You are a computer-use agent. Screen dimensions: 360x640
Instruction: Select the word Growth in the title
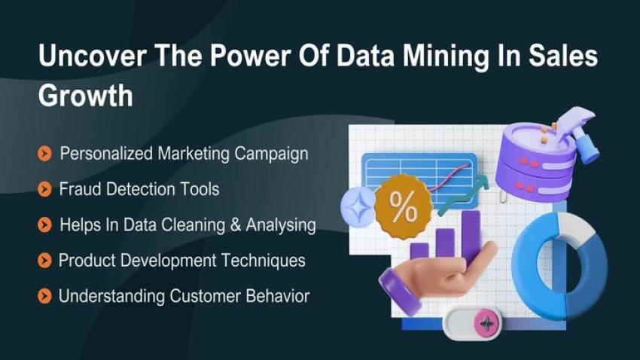click(x=85, y=96)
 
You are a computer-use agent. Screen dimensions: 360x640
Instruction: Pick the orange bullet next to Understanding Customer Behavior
click(x=44, y=297)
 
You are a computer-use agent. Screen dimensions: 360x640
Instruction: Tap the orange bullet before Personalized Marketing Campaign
click(x=44, y=154)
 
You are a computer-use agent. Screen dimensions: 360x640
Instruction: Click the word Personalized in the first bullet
click(x=106, y=154)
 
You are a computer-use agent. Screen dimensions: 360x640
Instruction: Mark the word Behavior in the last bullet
click(x=278, y=296)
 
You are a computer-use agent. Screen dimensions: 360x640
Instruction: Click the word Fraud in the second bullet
click(x=79, y=189)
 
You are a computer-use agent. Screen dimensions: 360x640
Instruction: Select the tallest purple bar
click(x=471, y=233)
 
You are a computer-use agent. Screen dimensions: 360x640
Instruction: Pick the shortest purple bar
click(x=419, y=252)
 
